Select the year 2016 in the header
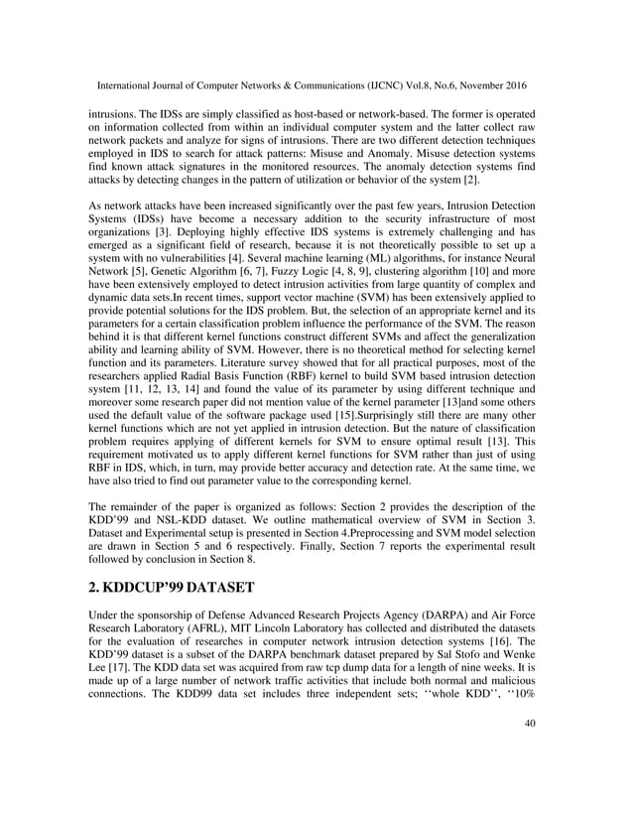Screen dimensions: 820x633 click(537, 73)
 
